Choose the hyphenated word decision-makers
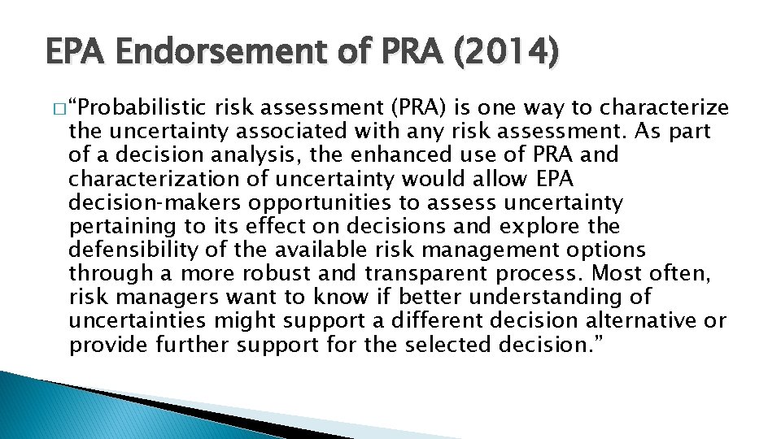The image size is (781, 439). point(157,202)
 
